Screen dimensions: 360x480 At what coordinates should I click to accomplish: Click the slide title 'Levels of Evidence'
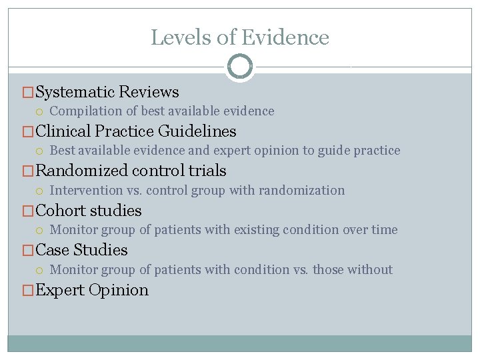(x=240, y=37)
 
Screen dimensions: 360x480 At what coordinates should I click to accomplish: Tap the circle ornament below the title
(x=240, y=67)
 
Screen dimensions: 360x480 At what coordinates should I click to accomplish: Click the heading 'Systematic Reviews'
(x=107, y=92)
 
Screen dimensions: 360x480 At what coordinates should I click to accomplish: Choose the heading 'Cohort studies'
(x=88, y=211)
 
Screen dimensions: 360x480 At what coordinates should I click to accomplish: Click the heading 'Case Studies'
(x=81, y=250)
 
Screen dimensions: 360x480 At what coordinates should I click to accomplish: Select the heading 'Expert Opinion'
(x=91, y=290)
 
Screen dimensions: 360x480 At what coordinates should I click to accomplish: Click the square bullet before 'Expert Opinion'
(x=28, y=291)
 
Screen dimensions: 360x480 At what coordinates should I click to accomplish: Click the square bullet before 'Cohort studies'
(x=28, y=211)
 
